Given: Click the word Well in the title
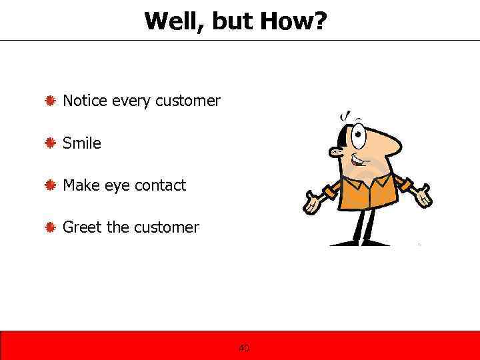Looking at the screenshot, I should [x=172, y=21].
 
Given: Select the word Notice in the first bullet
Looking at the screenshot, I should [x=85, y=101].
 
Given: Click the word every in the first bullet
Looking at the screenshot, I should [x=131, y=101].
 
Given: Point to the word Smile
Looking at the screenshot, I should [x=82, y=143].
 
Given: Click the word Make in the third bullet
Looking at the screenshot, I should [x=80, y=185].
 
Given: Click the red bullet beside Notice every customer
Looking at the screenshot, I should [x=50, y=101].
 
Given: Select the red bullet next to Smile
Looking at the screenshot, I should [x=50, y=143].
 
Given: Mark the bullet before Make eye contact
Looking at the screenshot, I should [x=50, y=185].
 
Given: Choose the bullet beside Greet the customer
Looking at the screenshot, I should [x=50, y=227].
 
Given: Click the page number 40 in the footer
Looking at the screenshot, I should [x=244, y=348].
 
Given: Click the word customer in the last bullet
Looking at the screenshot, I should [x=166, y=227].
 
